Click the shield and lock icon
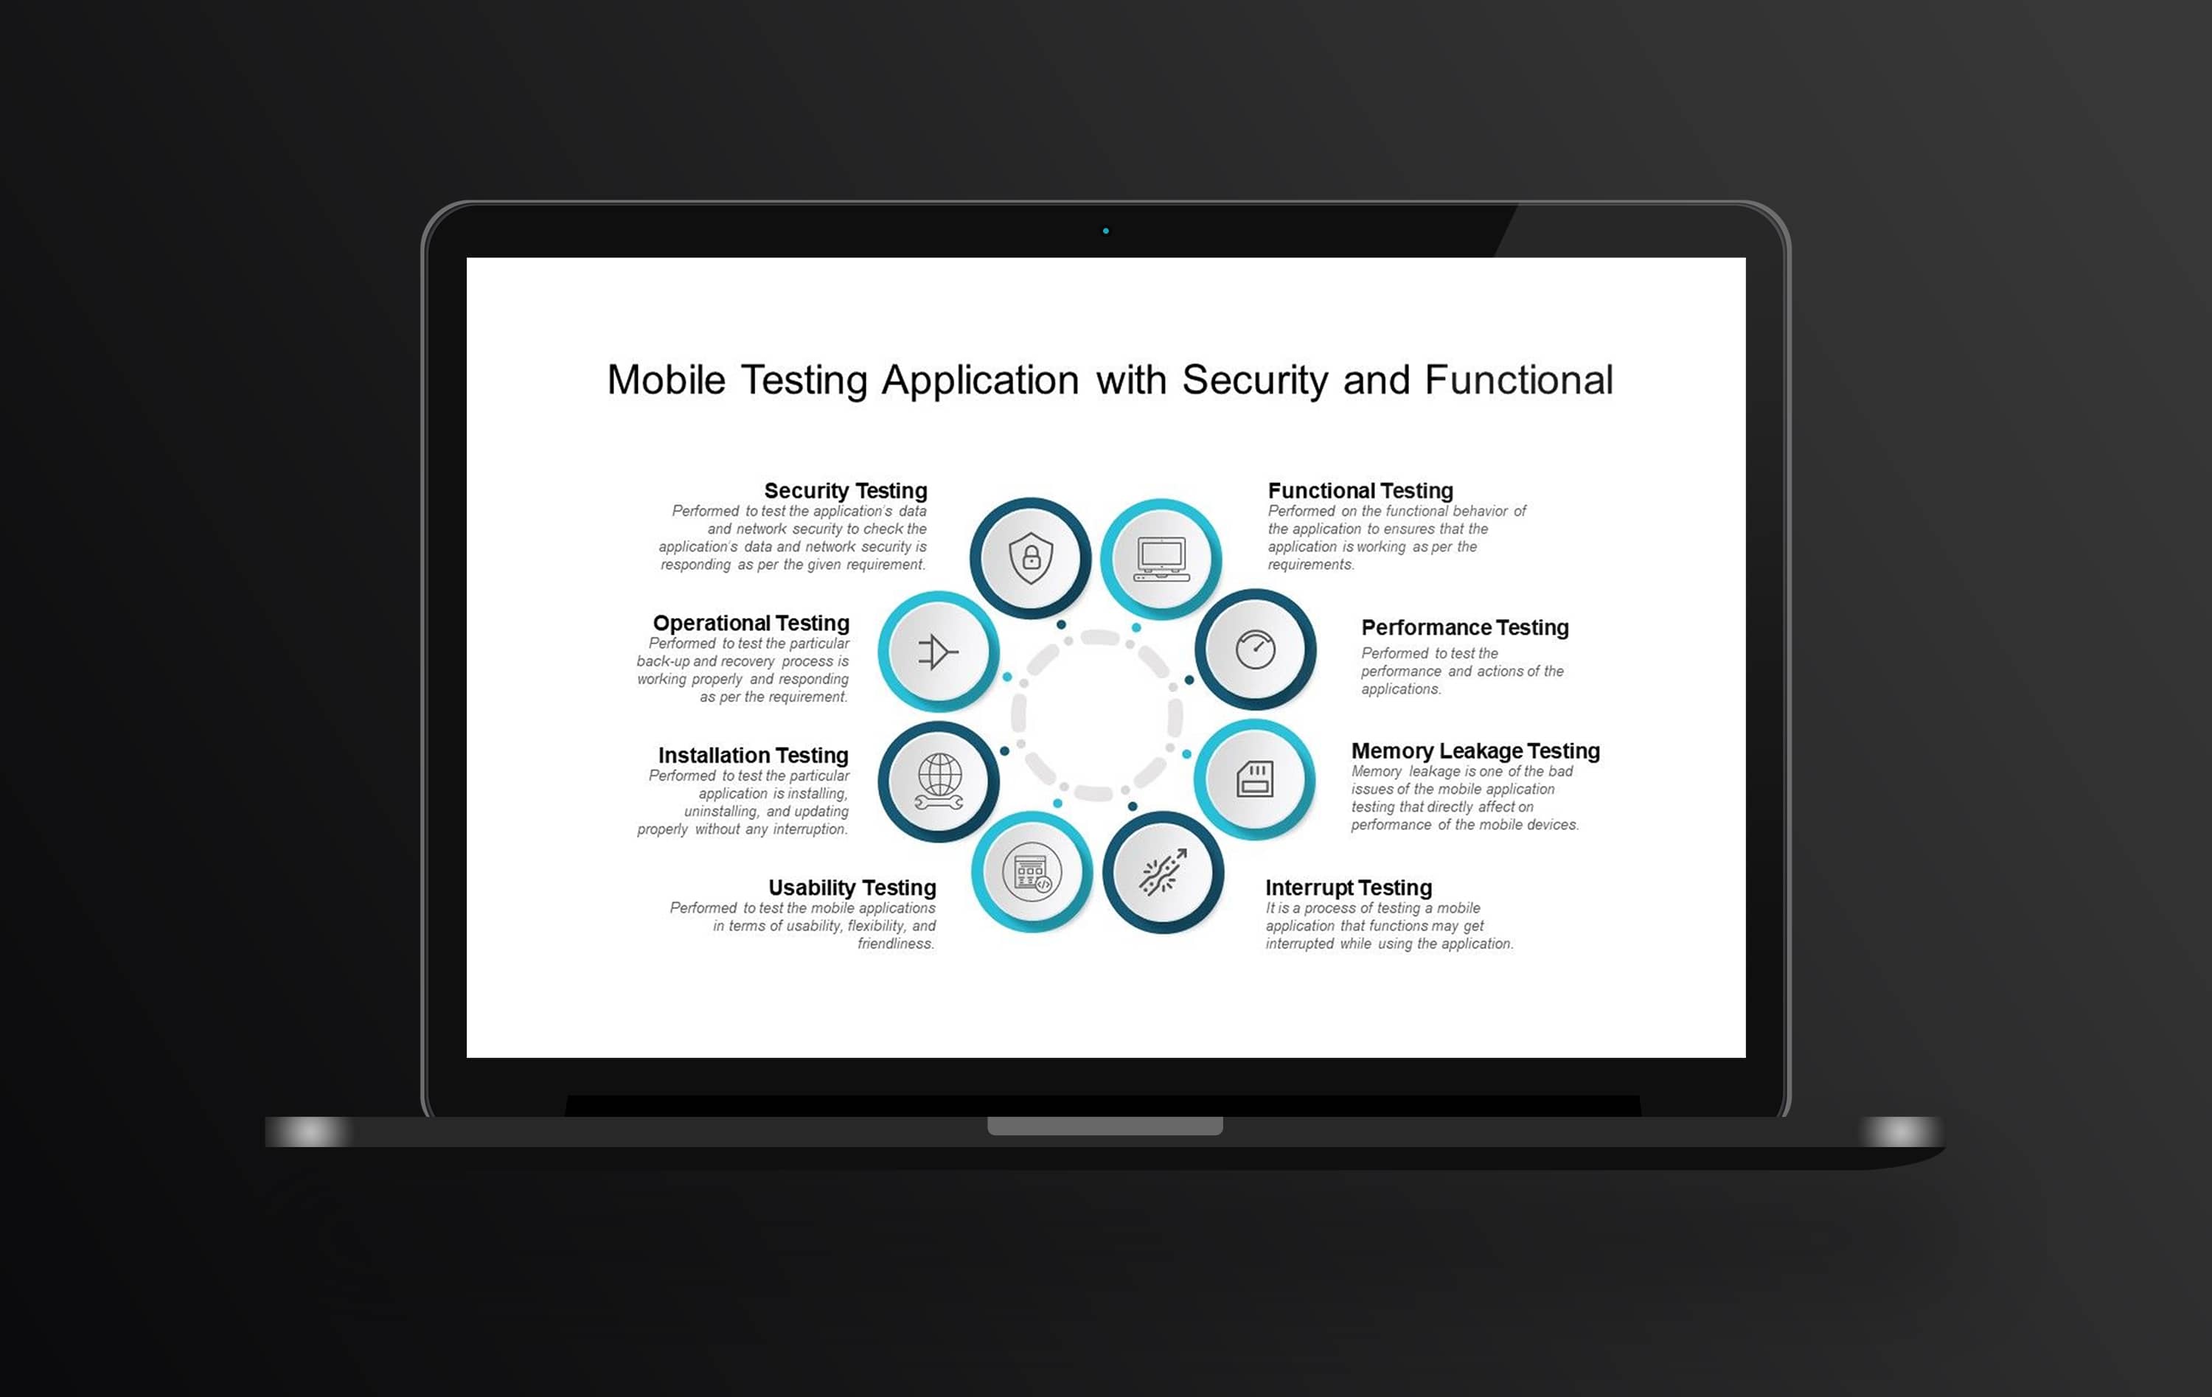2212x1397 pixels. coord(1031,557)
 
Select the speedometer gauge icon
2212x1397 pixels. coord(1255,649)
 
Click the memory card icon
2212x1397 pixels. coord(1255,779)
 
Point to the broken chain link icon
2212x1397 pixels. coord(1163,871)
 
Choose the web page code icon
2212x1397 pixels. coord(1032,871)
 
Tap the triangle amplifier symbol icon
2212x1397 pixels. coord(938,651)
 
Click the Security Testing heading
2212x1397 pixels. coord(845,490)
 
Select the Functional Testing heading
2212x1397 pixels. coord(1360,490)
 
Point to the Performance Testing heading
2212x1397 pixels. coord(1464,627)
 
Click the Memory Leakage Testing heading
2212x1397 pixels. coord(1475,750)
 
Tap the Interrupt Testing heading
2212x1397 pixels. coord(1349,888)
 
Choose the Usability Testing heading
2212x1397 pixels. coord(852,888)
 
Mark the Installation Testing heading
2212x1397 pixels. coord(754,755)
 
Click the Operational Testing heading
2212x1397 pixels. coord(751,623)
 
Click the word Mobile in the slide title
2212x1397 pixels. coord(666,380)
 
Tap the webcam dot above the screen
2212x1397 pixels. coord(1106,231)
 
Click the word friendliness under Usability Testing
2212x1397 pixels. coord(896,944)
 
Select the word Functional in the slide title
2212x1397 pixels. coord(1518,380)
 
